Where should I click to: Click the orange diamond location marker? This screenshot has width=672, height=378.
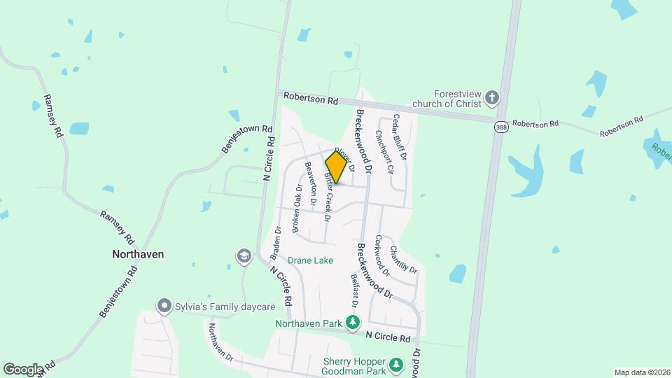point(336,167)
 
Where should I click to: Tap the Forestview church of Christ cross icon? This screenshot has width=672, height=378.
point(493,98)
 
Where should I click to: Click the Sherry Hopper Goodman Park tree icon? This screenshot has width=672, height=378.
point(397,365)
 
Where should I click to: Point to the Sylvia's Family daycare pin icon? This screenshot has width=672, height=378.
point(164,306)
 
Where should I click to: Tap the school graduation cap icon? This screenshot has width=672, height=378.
point(244,255)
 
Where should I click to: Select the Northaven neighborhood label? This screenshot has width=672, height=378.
point(138,254)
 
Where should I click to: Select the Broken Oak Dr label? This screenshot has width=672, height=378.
point(297,209)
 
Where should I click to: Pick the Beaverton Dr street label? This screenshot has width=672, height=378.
point(311,183)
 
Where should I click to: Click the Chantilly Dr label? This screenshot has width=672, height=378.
point(404,259)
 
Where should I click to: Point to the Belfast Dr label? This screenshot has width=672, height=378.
point(355,293)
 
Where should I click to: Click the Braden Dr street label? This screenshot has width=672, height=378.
point(276,240)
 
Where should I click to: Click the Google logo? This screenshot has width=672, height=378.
point(24,369)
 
